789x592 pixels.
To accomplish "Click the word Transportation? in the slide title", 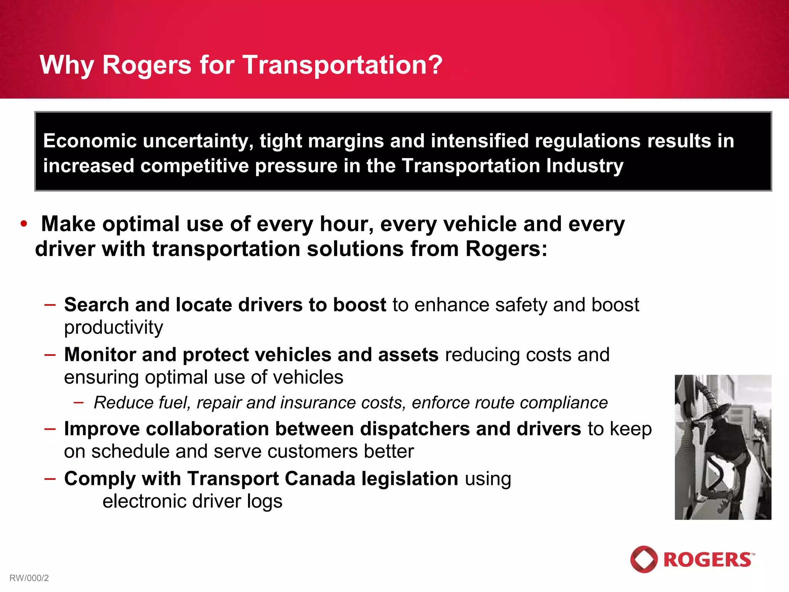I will (x=342, y=65).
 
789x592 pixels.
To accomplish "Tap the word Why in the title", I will (x=67, y=65).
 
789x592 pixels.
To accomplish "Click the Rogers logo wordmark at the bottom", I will (x=708, y=560).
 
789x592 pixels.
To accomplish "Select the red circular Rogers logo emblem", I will (x=644, y=559).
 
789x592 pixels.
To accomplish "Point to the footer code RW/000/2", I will (x=29, y=578).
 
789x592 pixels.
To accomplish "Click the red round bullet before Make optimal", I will (x=24, y=224).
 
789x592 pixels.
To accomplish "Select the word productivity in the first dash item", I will (x=113, y=328).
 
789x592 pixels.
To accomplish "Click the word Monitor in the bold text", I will (x=99, y=355).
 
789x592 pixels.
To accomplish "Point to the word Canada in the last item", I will (x=320, y=479).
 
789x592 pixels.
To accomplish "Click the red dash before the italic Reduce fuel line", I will (x=79, y=403).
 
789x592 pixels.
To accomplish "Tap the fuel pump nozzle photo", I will (x=723, y=447).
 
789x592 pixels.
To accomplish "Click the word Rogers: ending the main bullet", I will (x=506, y=249).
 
